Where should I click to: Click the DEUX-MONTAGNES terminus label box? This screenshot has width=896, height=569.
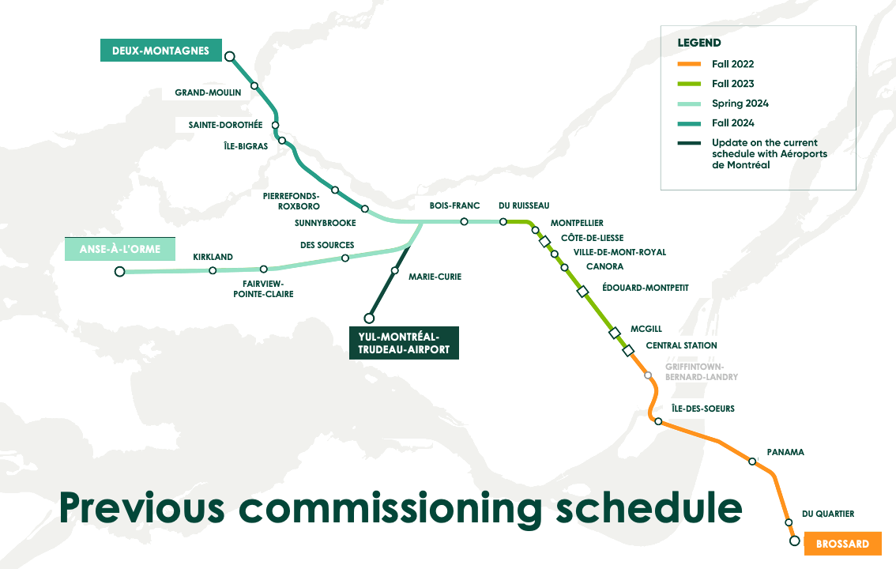[160, 51]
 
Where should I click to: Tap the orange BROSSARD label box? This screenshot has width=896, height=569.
[842, 544]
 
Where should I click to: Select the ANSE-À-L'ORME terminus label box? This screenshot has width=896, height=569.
[119, 249]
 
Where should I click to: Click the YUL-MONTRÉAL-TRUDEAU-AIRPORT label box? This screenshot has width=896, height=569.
[404, 343]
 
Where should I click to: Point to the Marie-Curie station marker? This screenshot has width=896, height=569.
[394, 271]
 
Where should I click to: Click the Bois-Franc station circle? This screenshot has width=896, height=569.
[464, 222]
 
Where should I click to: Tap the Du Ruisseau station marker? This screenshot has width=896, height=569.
[503, 222]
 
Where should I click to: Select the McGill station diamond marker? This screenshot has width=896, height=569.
[615, 333]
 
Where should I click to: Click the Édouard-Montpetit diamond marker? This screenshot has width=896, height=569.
[583, 292]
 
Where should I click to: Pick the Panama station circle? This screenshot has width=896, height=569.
[752, 460]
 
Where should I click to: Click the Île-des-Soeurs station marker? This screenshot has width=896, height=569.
[657, 421]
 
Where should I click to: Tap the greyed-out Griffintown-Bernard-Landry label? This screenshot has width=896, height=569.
[701, 371]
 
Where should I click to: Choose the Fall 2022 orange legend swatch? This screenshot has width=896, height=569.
[689, 64]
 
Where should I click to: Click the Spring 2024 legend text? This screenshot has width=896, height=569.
[740, 104]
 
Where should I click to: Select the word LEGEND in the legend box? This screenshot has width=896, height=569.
[698, 43]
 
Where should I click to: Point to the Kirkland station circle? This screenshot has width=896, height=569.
[213, 270]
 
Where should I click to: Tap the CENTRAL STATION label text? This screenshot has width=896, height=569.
[681, 345]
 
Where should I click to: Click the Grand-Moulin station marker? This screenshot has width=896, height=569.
[254, 85]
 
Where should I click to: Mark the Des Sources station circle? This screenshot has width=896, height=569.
[344, 258]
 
